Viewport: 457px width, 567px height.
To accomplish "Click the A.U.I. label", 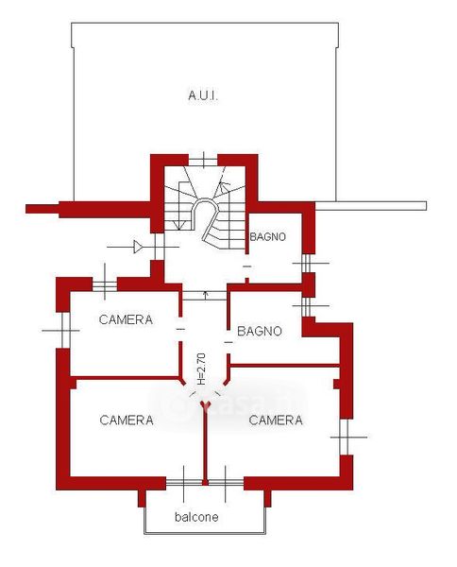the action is tap(203, 95).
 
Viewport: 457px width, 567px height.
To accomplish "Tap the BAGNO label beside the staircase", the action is tap(268, 237).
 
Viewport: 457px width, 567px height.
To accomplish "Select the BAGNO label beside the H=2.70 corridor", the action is tap(260, 332).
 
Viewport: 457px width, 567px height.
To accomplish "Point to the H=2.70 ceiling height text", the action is tap(201, 369).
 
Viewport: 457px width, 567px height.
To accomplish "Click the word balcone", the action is tap(196, 517).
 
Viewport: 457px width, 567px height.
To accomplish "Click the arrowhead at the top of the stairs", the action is tap(224, 186).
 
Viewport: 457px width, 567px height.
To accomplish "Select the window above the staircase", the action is tap(203, 160).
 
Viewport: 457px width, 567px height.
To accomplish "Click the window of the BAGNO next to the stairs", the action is tap(307, 264).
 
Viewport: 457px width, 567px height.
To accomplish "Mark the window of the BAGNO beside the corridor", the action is tap(307, 306).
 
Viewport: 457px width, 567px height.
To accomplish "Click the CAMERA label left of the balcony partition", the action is tap(127, 421).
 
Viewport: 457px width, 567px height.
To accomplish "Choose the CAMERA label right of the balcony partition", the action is tap(276, 421).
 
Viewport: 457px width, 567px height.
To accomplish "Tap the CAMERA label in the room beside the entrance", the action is tap(126, 319).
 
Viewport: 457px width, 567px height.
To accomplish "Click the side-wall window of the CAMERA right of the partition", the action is tap(346, 437).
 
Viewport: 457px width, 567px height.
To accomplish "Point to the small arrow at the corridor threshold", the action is tap(206, 295).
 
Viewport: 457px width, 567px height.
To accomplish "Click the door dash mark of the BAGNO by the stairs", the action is tap(247, 266).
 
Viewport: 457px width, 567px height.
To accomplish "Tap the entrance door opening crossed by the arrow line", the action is tap(157, 247).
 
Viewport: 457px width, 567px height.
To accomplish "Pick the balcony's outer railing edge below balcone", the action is tap(205, 533).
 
